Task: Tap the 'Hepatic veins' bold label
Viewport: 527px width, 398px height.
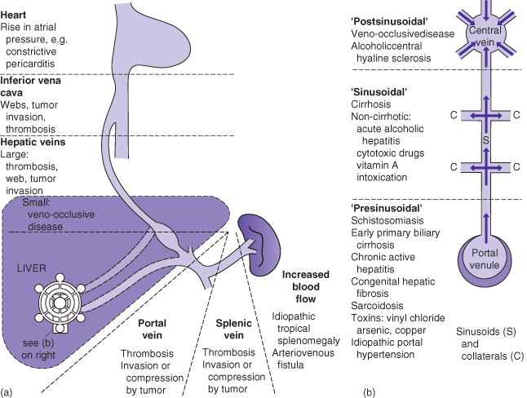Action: (x=38, y=142)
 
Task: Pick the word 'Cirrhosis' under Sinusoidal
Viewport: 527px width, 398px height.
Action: (x=370, y=104)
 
